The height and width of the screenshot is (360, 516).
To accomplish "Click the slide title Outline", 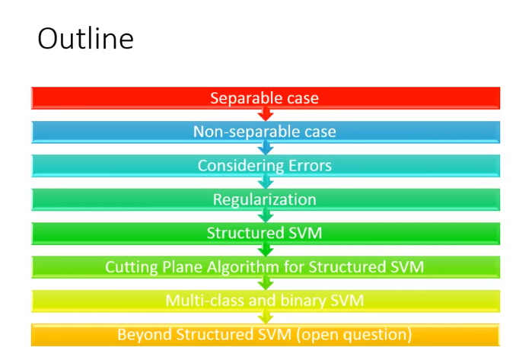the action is click(x=85, y=39).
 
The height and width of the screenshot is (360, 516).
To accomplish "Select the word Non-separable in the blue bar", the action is click(x=247, y=132).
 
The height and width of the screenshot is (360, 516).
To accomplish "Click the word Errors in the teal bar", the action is click(x=310, y=165).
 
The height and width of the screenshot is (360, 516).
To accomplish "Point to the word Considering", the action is click(x=240, y=166).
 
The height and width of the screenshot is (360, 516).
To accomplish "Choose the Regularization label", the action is click(x=265, y=200).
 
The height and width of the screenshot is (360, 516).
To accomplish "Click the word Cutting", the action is click(x=132, y=267).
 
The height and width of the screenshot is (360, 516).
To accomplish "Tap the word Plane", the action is click(x=182, y=266).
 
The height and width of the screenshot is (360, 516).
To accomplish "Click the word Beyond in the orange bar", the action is click(x=145, y=334).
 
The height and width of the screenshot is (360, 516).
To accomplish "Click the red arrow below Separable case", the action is click(x=266, y=115).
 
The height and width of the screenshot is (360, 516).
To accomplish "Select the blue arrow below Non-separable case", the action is click(x=266, y=148).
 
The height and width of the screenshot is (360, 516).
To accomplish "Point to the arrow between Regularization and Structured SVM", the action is click(x=266, y=216).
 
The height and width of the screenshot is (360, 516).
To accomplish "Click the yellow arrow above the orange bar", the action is click(x=266, y=318).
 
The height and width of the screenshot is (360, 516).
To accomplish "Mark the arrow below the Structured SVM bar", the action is click(x=266, y=250).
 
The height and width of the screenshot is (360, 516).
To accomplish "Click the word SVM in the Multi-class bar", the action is click(x=347, y=301).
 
